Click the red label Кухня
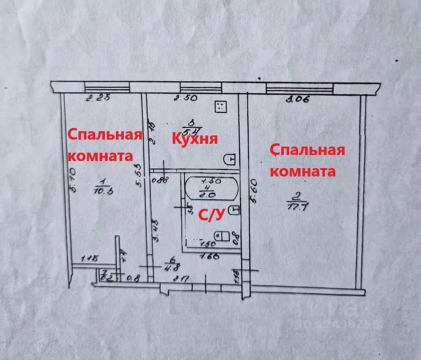pyautogui.click(x=195, y=139)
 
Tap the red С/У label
pyautogui.click(x=213, y=214)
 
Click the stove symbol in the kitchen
pyautogui.click(x=221, y=107)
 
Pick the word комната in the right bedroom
pyautogui.click(x=303, y=171)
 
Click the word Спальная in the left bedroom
pyautogui.click(x=105, y=134)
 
